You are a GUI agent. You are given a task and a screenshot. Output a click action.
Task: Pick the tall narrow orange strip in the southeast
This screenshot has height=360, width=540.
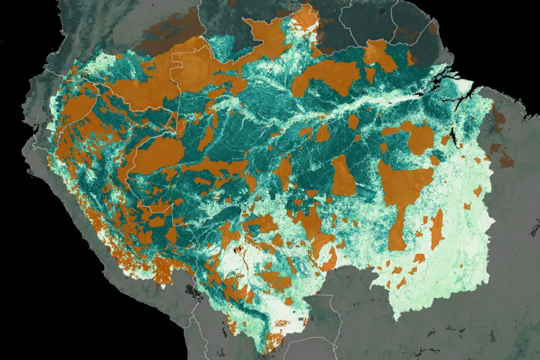(x=437, y=229)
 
